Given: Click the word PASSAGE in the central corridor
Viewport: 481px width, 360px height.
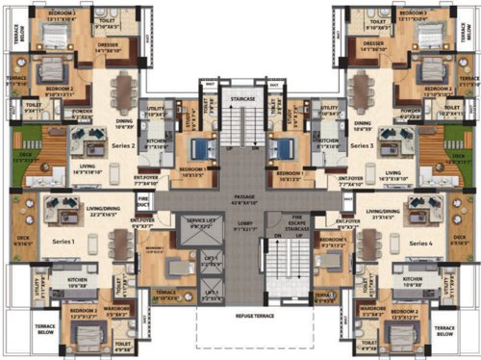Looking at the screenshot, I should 240,198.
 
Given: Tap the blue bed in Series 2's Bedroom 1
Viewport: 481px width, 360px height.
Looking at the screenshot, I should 201,150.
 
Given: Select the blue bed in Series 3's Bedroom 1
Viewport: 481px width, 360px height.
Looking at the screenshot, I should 281,150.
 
